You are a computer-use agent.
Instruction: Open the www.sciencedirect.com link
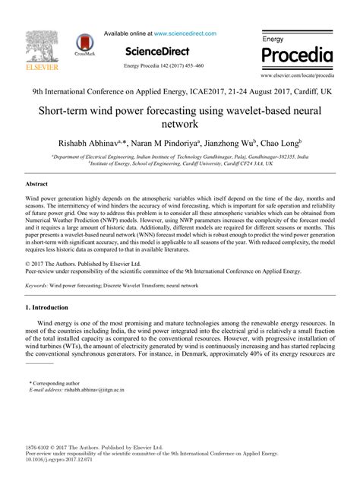point(185,33)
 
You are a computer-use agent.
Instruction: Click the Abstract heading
point(37,184)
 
